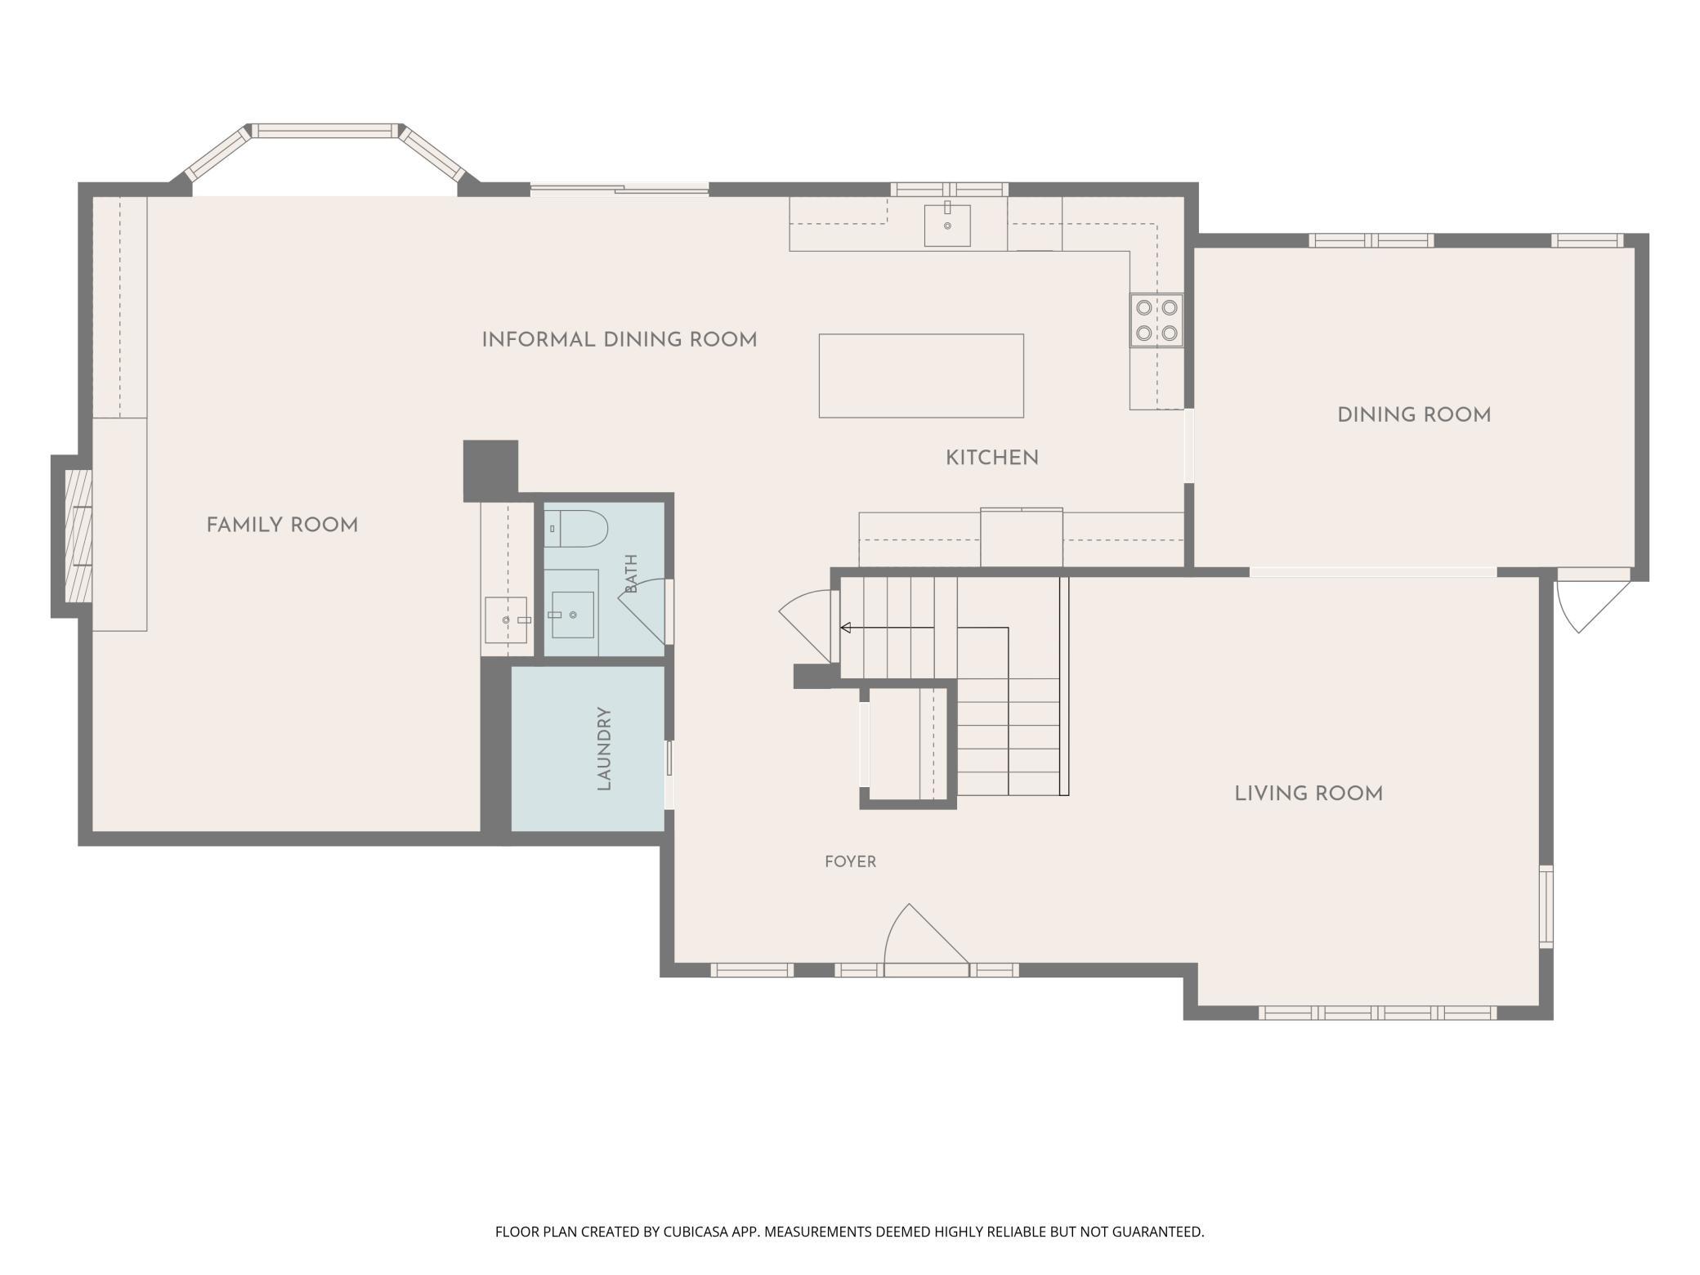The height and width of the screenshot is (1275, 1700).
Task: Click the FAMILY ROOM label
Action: [x=282, y=526]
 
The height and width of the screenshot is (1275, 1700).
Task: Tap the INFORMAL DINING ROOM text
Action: [x=620, y=340]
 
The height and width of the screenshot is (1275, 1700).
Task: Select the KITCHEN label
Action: [x=992, y=459]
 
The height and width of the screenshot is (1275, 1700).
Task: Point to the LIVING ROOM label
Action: [x=1309, y=794]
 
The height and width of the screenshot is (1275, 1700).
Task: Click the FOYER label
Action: [x=850, y=861]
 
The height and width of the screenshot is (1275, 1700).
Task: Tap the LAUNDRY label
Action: [x=604, y=749]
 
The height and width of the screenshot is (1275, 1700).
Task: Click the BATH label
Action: [x=631, y=574]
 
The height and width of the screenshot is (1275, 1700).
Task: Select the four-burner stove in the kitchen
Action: [x=1156, y=320]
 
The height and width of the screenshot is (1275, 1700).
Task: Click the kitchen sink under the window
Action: [x=947, y=225]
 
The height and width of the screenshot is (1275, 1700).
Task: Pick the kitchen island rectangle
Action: [x=921, y=376]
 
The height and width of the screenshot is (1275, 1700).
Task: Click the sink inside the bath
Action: [x=572, y=615]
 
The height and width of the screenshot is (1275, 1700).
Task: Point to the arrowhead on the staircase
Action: [x=846, y=628]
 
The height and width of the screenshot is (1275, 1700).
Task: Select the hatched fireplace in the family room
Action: [x=78, y=536]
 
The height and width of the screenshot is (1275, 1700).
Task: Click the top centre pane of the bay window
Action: [x=324, y=130]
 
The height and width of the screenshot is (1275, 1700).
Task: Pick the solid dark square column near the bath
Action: [x=490, y=471]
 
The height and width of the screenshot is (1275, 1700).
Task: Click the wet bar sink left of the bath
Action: [x=507, y=620]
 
